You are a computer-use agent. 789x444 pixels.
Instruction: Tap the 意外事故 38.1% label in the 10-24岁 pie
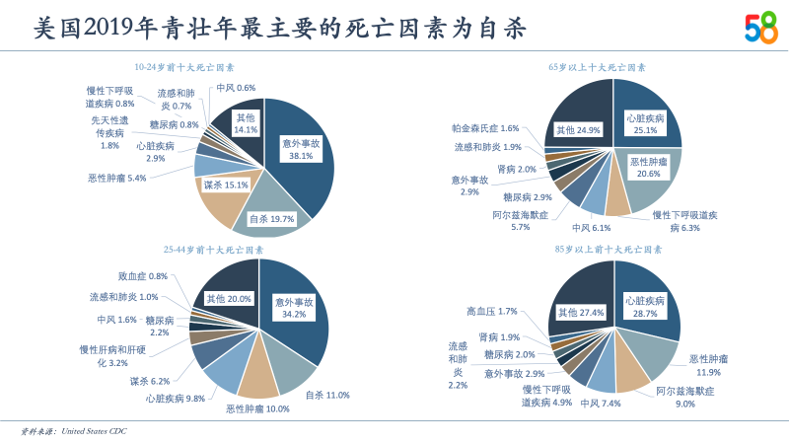[301, 149]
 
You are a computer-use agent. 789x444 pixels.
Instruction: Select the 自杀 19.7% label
[271, 218]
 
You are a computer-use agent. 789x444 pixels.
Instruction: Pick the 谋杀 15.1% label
[226, 185]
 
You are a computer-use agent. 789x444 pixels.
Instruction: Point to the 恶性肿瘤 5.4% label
[116, 179]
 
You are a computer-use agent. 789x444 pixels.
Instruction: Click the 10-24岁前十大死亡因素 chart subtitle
[184, 68]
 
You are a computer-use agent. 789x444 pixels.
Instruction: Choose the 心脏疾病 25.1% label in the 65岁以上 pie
[646, 124]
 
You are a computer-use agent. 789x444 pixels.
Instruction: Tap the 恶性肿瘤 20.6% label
[649, 167]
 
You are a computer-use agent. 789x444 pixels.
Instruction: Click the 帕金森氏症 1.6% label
[485, 128]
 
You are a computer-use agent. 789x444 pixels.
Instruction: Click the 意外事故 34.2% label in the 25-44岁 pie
[294, 308]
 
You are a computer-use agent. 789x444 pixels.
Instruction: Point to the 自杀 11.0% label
[327, 395]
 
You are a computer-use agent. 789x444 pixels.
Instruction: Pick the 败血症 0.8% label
[143, 276]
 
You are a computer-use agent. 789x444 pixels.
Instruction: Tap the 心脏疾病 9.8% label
[176, 399]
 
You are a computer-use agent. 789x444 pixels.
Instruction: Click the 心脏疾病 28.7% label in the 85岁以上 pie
[645, 307]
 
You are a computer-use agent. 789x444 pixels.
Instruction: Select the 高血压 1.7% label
[492, 312]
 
